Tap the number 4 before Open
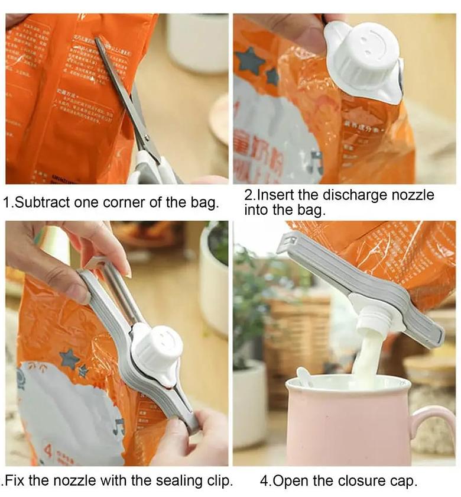coord(264,480)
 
